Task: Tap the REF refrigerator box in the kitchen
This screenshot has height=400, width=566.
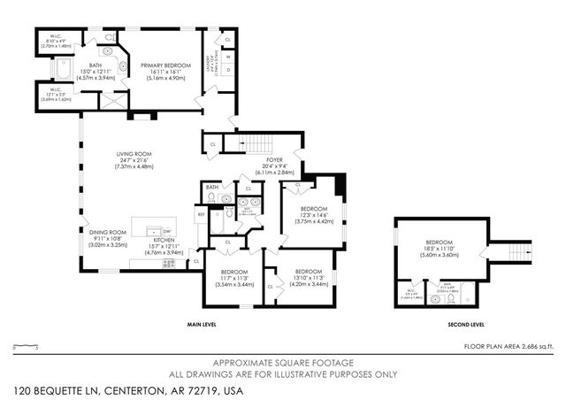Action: [x=201, y=213]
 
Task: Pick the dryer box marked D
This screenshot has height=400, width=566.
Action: [x=229, y=71]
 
